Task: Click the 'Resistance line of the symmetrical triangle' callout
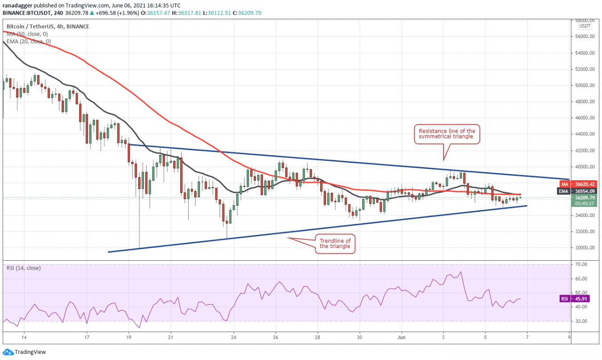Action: pyautogui.click(x=444, y=134)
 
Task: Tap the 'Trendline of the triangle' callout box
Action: pyautogui.click(x=335, y=243)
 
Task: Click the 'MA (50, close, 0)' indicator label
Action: pyautogui.click(x=28, y=34)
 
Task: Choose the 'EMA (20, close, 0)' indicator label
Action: pyautogui.click(x=29, y=41)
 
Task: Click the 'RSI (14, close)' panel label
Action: pyautogui.click(x=24, y=268)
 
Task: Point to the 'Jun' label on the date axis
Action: pyautogui.click(x=401, y=337)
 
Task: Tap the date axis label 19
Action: pyautogui.click(x=129, y=337)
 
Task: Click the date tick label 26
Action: pyautogui.click(x=276, y=337)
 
